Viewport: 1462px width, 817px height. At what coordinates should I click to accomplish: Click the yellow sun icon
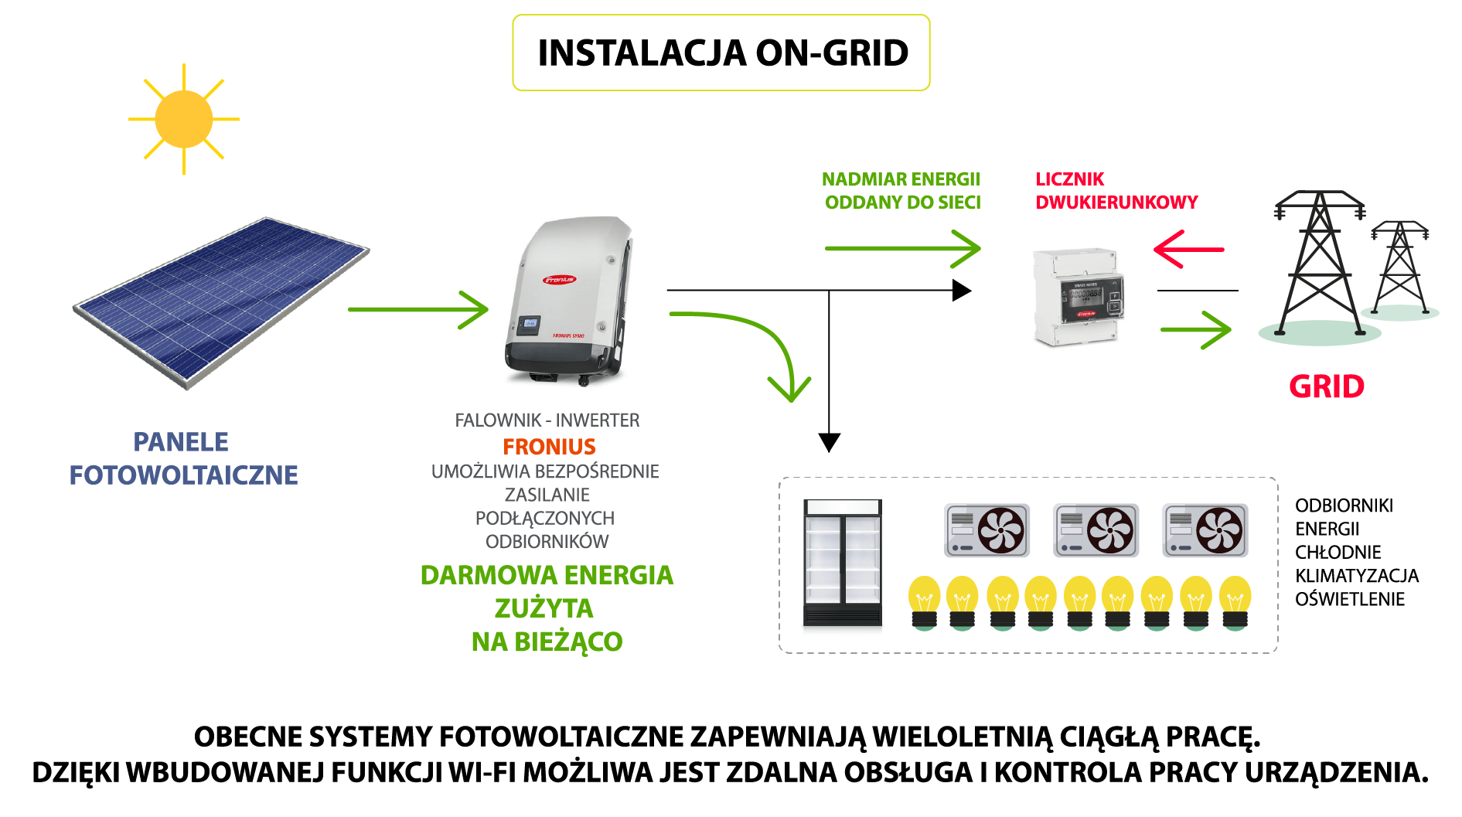183,119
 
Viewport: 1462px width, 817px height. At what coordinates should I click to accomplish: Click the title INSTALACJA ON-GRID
722,53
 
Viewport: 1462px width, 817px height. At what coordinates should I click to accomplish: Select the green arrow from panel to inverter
418,309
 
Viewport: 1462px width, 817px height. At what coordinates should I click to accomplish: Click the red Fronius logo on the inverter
559,280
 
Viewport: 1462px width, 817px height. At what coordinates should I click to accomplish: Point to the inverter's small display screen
530,323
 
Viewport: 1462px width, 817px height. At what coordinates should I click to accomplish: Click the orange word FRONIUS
549,447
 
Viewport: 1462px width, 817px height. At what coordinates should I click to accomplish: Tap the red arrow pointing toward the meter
1188,249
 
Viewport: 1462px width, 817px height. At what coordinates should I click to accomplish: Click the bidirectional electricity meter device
1079,297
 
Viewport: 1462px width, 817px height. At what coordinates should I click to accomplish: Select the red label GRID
1326,386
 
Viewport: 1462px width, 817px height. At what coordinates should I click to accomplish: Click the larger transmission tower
1321,263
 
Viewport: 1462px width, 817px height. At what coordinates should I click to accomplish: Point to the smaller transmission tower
1400,267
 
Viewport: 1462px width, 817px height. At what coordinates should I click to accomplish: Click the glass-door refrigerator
842,563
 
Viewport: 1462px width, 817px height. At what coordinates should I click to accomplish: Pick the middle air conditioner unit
1096,530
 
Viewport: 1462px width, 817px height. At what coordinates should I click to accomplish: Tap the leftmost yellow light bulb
924,603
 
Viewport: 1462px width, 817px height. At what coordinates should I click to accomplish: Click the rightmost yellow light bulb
1235,603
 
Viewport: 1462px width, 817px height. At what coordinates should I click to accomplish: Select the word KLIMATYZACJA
1356,576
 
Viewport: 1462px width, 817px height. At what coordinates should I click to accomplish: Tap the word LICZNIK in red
1069,179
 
